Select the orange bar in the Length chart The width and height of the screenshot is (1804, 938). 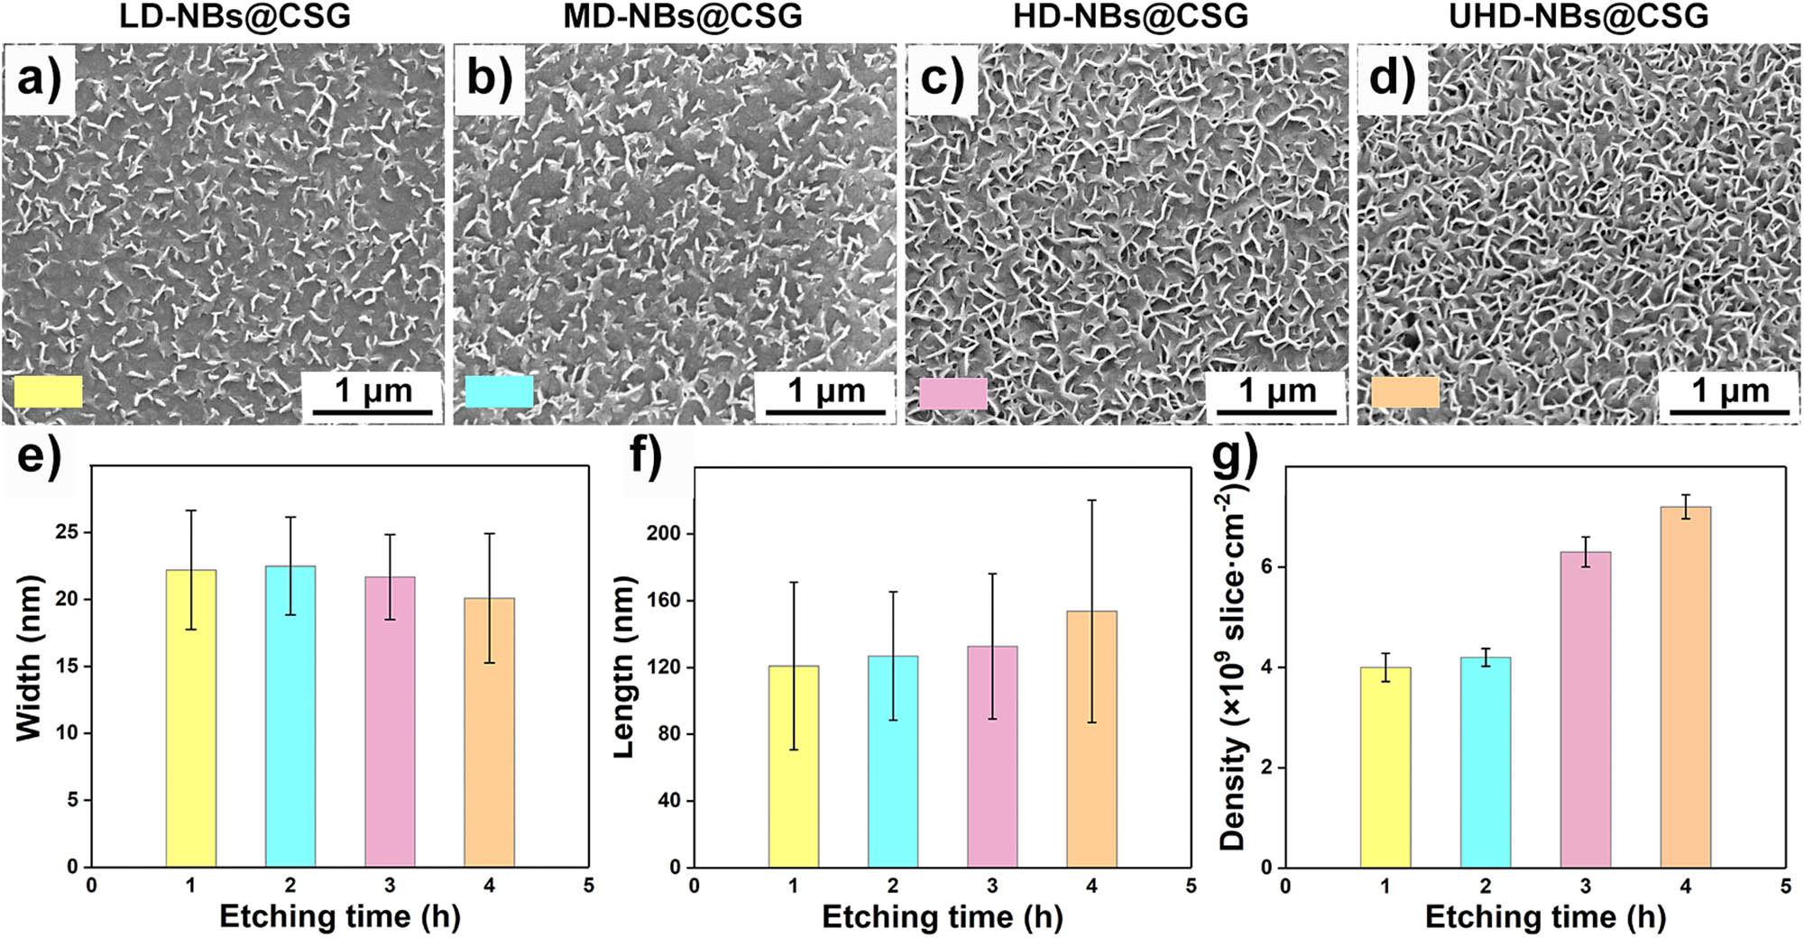click(x=1091, y=739)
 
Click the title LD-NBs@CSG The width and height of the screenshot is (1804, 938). click(x=235, y=16)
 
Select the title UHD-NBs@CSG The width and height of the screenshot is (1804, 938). click(x=1578, y=16)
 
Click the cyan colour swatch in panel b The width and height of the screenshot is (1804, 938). click(x=499, y=391)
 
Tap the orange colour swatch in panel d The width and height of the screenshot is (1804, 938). click(x=1404, y=392)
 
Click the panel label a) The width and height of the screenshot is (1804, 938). click(x=39, y=78)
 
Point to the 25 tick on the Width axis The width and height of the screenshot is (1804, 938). click(x=67, y=532)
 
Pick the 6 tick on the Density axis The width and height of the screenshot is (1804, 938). click(x=1267, y=566)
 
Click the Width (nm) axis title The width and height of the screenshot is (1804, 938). click(x=29, y=658)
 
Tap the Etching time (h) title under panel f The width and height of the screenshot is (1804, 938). click(x=942, y=916)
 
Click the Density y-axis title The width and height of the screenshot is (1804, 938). click(x=1232, y=672)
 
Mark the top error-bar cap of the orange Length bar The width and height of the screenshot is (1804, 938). click(x=1091, y=501)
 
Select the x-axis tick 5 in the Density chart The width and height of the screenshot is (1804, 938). click(x=1785, y=887)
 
